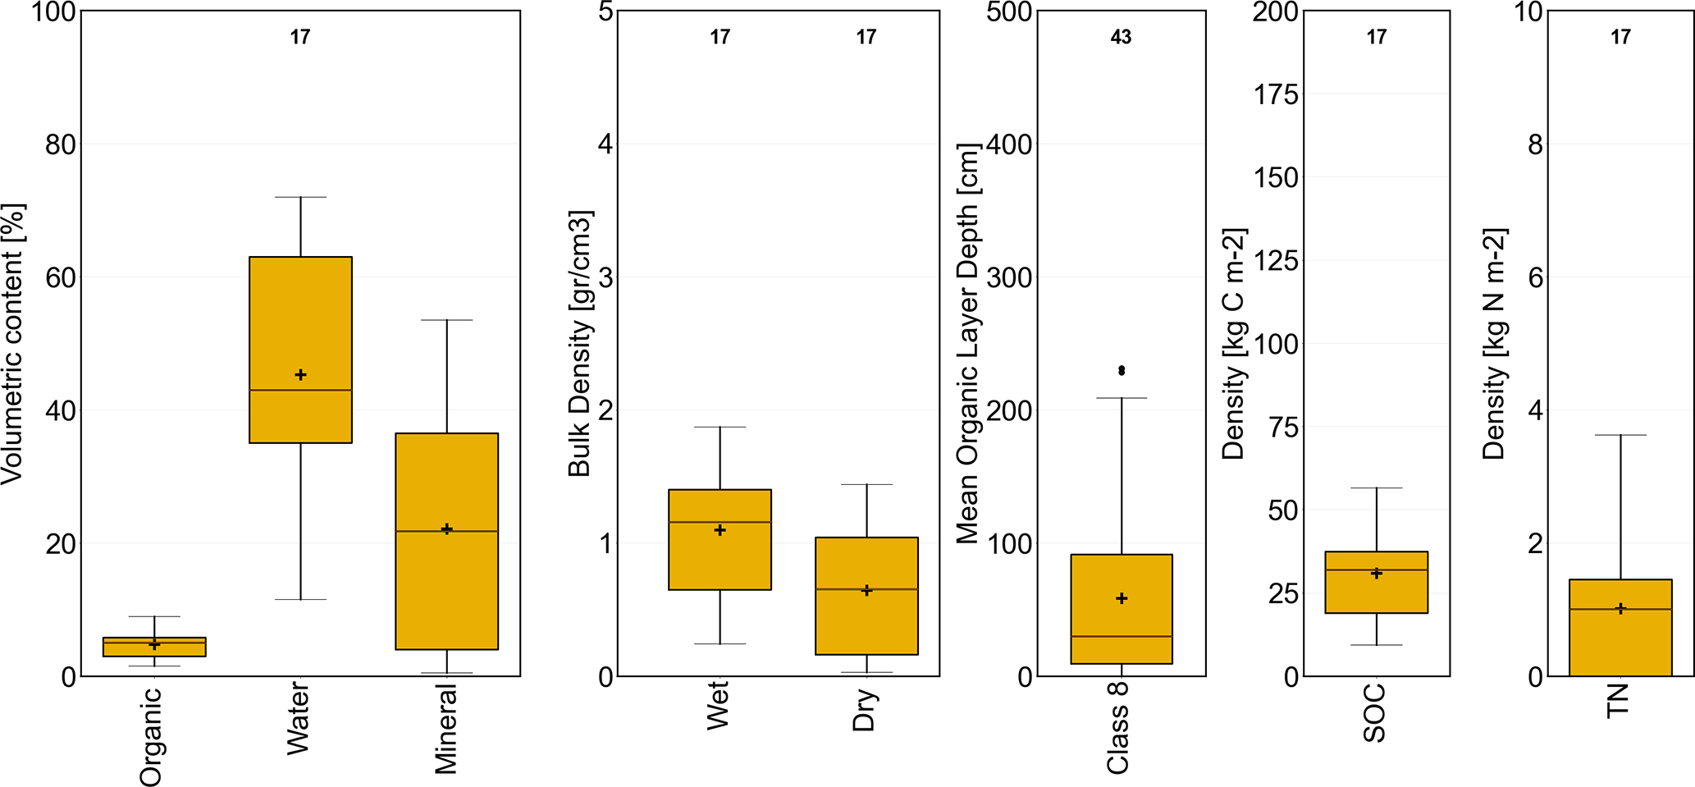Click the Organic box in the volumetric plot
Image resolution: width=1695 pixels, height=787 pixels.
[x=154, y=647]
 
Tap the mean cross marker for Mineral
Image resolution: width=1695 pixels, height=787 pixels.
[x=447, y=529]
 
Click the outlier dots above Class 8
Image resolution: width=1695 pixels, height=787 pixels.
[x=1122, y=371]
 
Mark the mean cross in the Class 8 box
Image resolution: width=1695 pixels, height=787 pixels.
[x=1122, y=599]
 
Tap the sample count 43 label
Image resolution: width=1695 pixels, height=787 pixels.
[x=1121, y=37]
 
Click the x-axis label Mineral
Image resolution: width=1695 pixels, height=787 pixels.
[x=445, y=729]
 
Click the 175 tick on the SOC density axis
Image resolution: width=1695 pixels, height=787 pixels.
[x=1276, y=94]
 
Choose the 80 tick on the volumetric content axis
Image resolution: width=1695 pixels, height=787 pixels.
[x=60, y=144]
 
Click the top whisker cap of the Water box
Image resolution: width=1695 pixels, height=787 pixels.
[x=300, y=197]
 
